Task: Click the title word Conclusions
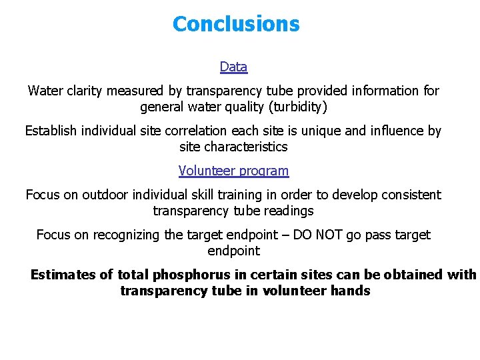(236, 24)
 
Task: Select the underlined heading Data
(233, 67)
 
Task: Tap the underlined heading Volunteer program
(233, 171)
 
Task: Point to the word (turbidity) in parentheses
(295, 107)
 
